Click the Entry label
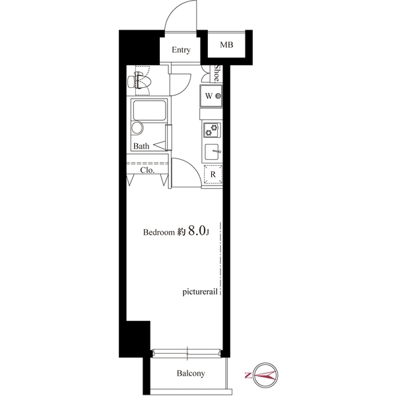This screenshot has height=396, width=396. [181, 50]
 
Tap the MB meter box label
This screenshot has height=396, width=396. [226, 45]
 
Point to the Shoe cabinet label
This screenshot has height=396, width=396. [216, 73]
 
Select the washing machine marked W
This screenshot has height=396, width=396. [213, 96]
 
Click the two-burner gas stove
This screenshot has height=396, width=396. [213, 131]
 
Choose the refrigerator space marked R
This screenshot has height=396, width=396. [213, 175]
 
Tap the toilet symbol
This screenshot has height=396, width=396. [141, 82]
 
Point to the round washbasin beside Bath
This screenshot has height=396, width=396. [137, 128]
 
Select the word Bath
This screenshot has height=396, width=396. [141, 146]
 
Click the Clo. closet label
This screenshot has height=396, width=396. [147, 170]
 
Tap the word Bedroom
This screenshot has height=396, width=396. [159, 233]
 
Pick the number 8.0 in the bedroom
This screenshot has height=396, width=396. [197, 232]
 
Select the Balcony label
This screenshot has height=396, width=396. [190, 374]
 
